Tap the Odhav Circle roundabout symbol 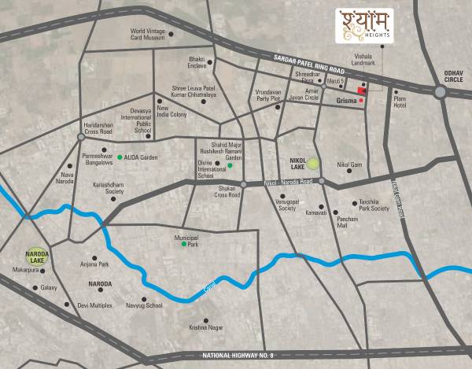[x=441, y=92]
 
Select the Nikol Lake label [x=291, y=162]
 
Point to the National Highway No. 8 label [x=238, y=356]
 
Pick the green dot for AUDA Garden [x=120, y=157]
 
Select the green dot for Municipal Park [x=184, y=245]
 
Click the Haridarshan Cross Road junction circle [x=81, y=136]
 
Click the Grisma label [x=346, y=101]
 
